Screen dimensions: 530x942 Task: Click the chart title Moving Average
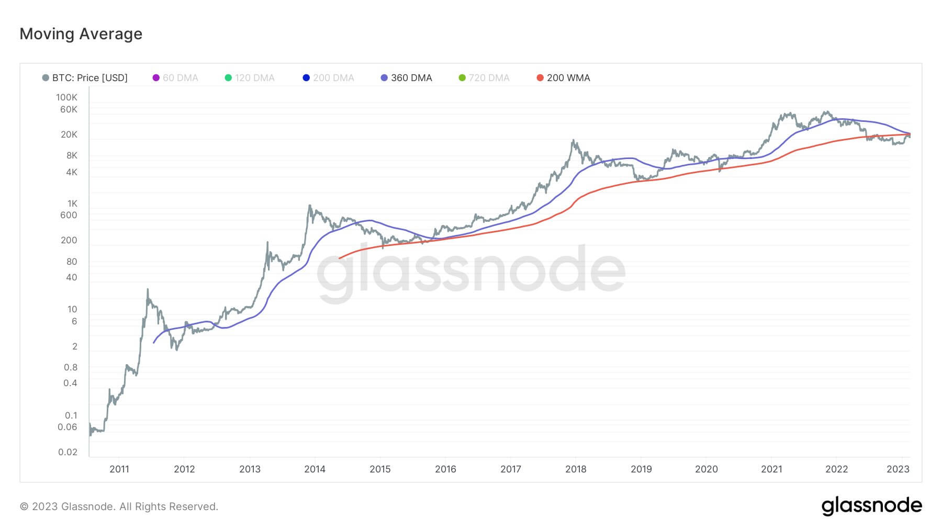[81, 34]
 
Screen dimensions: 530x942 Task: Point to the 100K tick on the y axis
[66, 97]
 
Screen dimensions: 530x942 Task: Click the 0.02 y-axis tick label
[68, 452]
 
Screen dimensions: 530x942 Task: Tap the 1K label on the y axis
[72, 204]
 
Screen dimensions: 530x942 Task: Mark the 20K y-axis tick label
[69, 134]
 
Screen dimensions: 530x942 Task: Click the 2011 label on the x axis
[119, 469]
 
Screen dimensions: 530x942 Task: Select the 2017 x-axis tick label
[510, 469]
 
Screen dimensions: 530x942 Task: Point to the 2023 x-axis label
[898, 469]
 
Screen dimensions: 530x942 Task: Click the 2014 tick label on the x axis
[315, 469]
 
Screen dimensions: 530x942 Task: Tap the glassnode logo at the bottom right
[871, 506]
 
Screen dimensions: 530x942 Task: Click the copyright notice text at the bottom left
[119, 506]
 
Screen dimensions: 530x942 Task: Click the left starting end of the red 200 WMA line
[340, 258]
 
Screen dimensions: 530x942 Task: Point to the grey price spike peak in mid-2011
[148, 289]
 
